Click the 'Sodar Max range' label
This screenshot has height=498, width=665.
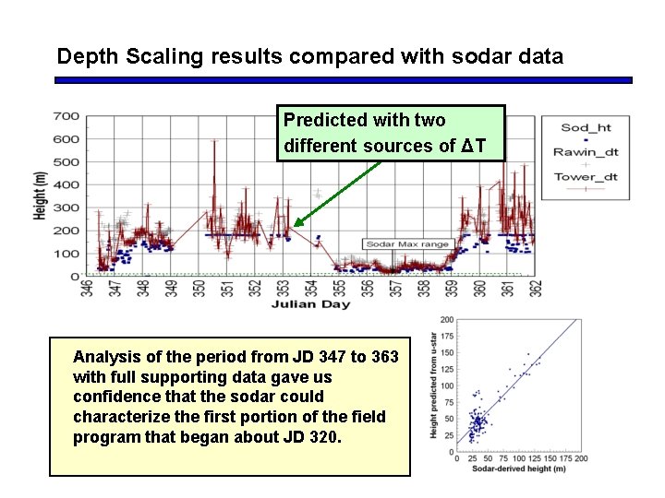(407, 244)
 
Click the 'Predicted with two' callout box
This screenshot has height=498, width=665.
(391, 133)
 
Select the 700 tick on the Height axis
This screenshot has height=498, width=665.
(66, 116)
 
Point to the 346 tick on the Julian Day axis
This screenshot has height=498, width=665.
(86, 290)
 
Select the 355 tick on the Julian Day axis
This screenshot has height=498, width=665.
(340, 290)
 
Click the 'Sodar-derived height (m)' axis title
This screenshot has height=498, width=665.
(520, 469)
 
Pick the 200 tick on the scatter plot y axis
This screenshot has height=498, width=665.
(447, 320)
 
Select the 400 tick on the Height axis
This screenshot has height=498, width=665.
(66, 184)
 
